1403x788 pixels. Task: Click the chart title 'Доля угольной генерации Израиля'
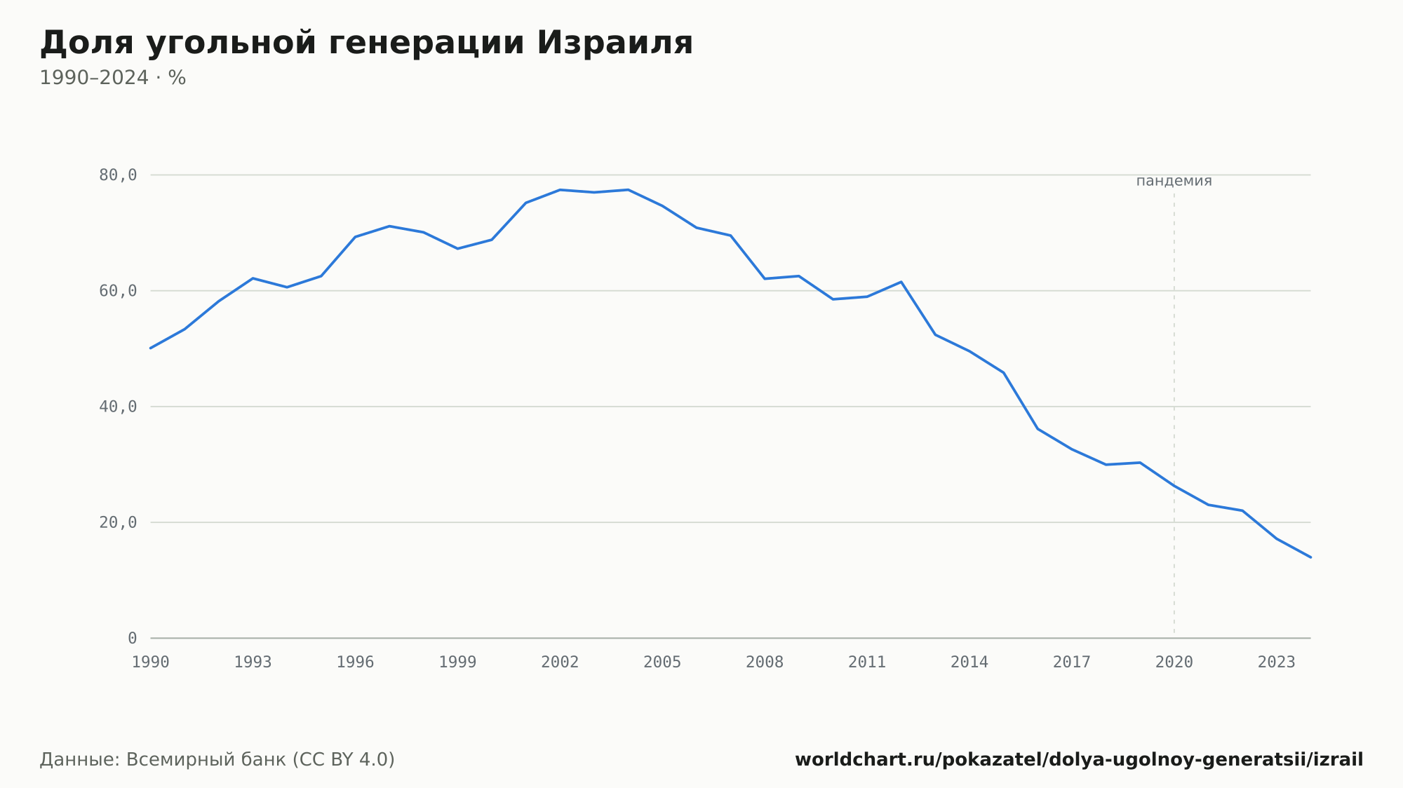tap(366, 43)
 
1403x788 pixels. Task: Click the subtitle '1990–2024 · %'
tap(113, 78)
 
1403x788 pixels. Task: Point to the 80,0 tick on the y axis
tap(118, 175)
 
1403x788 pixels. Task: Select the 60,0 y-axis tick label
tap(118, 291)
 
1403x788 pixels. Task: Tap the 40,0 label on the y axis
tap(118, 407)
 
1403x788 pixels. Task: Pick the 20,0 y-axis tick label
tap(118, 522)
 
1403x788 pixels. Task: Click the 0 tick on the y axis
tap(133, 638)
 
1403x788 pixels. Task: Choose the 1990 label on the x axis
tap(151, 663)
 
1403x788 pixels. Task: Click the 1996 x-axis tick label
tap(356, 663)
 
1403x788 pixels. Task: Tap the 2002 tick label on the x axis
tap(560, 663)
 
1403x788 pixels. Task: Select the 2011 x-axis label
tap(867, 663)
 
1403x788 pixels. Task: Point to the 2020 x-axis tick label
tap(1174, 663)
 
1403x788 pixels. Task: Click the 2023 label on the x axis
tap(1277, 663)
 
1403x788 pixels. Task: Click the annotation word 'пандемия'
tap(1174, 181)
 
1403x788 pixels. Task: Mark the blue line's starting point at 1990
tap(151, 348)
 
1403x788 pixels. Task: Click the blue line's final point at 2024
tap(1310, 557)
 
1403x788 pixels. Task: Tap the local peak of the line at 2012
tap(901, 282)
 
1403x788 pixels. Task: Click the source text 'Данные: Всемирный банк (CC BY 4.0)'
tap(217, 760)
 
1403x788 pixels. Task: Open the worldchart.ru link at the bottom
tap(1079, 760)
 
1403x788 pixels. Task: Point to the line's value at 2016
tap(1038, 428)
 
